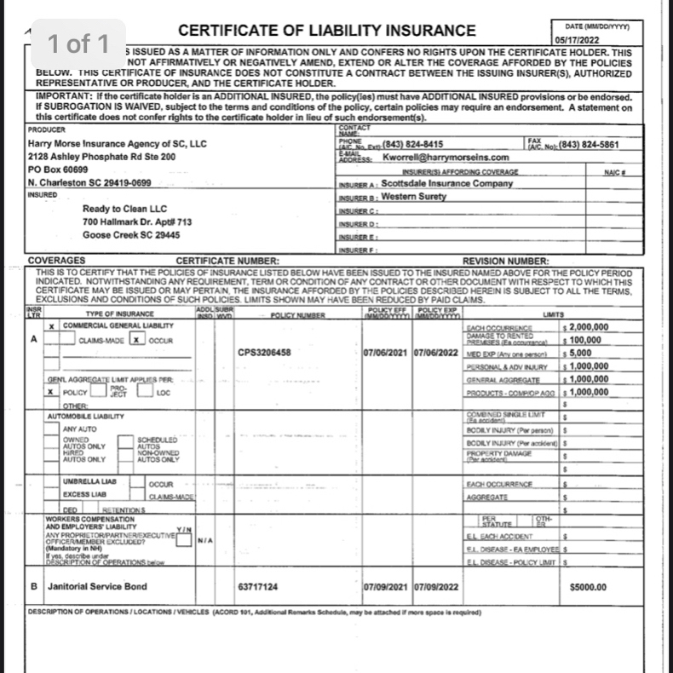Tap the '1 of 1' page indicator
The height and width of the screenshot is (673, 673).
[x=79, y=43]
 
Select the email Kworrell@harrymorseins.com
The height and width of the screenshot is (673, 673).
[x=446, y=158]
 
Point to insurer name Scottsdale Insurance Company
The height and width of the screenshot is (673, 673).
[x=446, y=183]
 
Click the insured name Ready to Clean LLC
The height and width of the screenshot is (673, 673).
[x=125, y=209]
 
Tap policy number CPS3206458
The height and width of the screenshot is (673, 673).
[x=265, y=353]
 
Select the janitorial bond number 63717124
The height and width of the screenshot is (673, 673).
[x=258, y=587]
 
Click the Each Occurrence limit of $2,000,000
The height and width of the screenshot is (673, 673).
[x=588, y=326]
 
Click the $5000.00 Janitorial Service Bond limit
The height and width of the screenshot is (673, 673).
[x=587, y=587]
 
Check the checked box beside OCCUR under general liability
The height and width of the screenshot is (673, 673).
[x=135, y=340]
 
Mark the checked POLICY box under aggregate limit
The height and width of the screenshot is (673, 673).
[x=53, y=392]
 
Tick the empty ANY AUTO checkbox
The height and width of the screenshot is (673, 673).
[x=53, y=429]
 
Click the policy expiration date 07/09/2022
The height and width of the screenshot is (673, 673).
[x=435, y=587]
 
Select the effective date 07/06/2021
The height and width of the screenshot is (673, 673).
[x=386, y=353]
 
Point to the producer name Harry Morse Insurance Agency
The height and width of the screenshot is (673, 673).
[x=117, y=144]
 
